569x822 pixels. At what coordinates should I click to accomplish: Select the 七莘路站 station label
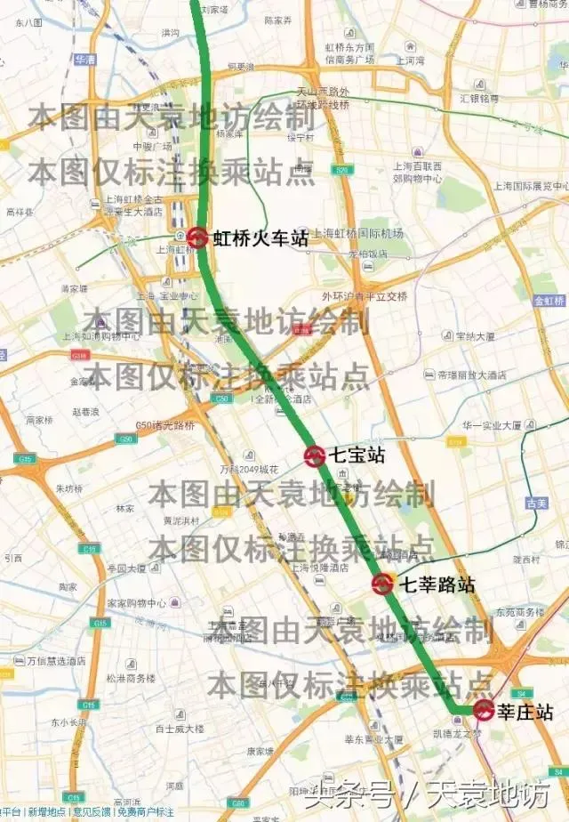tap(437, 584)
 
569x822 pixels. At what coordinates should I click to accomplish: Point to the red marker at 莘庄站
tap(484, 710)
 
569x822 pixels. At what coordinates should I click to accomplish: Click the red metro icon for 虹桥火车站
tap(197, 238)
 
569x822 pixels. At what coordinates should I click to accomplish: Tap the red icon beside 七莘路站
tap(383, 584)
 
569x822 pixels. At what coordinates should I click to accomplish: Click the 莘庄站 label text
tap(525, 712)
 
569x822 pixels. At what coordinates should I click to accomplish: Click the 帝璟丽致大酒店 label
tap(471, 375)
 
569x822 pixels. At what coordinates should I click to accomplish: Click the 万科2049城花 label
tap(250, 469)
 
